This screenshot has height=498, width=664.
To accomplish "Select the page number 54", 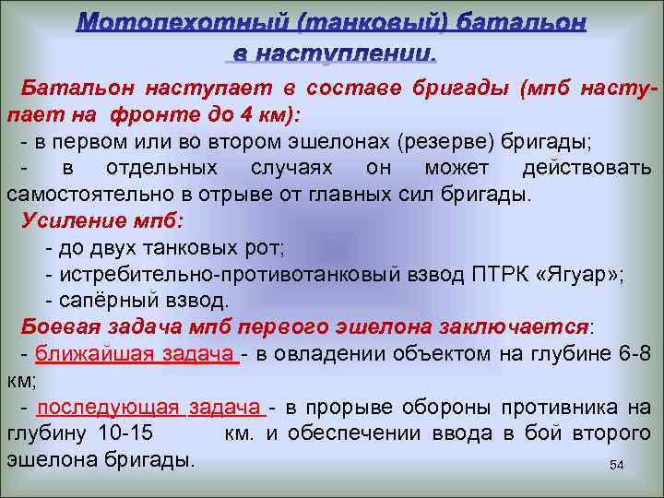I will click(617, 467).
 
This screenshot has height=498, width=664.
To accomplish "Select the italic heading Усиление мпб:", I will click(101, 221).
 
